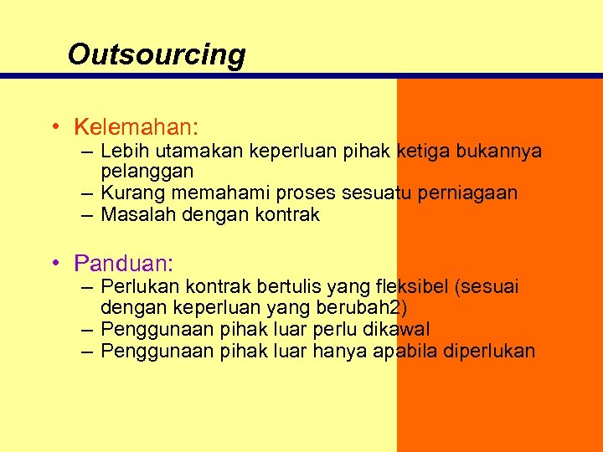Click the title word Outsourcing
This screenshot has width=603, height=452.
pos(157,54)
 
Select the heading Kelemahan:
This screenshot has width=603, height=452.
pos(136,127)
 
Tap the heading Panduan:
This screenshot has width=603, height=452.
pos(123,264)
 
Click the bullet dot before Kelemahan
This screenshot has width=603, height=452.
pos(53,128)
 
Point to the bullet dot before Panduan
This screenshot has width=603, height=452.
pos(53,265)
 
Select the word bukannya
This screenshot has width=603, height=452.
pos(500,152)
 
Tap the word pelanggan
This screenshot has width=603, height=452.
pos(147,172)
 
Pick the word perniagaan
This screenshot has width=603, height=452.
pos(475,193)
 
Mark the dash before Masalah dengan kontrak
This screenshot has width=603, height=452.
pos(87,215)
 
